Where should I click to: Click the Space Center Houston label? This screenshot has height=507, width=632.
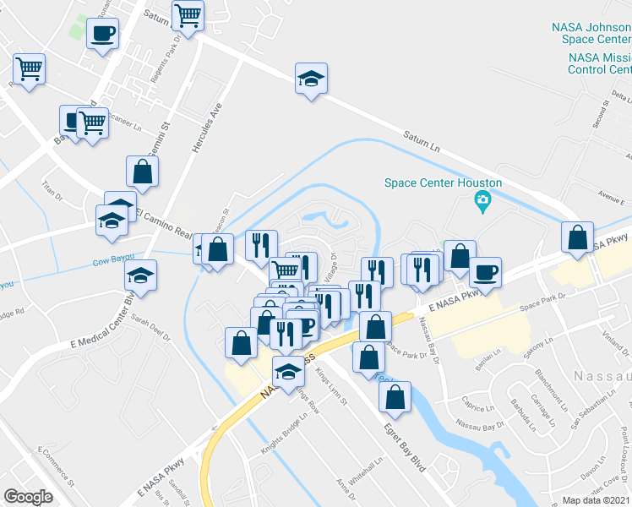443,183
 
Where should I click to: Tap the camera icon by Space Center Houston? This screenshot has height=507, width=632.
482,199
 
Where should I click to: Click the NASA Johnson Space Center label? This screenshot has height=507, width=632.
591,33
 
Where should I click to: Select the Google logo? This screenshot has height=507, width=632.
28,496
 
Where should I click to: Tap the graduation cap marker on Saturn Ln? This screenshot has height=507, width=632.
311,80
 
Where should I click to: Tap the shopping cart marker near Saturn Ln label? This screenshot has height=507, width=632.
188,14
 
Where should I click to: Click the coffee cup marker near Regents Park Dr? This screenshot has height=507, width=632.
102,35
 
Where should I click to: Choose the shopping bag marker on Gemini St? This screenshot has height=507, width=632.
143,172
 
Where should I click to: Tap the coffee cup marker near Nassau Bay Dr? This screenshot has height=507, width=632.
485,273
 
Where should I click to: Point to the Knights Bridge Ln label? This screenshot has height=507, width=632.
282,437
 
